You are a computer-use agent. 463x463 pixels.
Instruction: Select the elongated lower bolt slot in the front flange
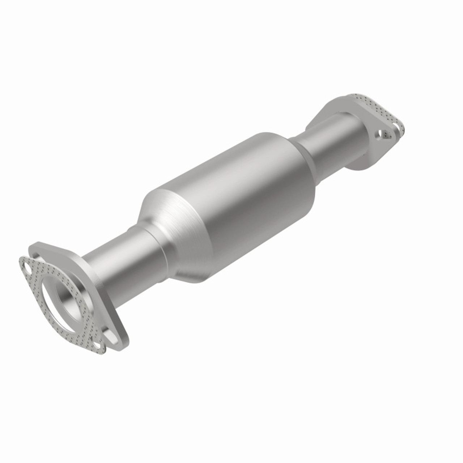tap(113, 335)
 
